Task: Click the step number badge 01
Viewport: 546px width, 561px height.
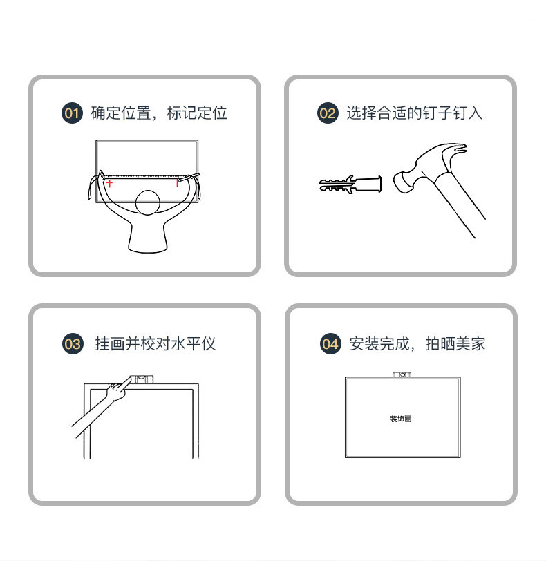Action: (x=72, y=113)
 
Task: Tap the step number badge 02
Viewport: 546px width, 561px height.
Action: (x=328, y=113)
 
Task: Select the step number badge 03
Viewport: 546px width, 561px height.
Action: (x=73, y=344)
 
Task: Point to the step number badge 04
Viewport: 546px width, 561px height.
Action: (x=330, y=344)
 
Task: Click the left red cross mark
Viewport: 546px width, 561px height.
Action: (x=109, y=183)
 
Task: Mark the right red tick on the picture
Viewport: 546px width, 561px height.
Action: (x=177, y=183)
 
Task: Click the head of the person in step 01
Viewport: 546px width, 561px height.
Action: (x=147, y=202)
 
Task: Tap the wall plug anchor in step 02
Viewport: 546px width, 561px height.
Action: (x=350, y=184)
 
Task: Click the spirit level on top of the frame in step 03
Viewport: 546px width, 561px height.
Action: (x=142, y=379)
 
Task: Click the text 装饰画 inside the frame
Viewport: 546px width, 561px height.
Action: (x=401, y=419)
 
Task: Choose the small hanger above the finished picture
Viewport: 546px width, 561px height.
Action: (x=402, y=374)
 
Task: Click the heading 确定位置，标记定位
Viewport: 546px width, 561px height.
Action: (x=159, y=113)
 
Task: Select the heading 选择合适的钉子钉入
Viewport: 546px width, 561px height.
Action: (x=414, y=113)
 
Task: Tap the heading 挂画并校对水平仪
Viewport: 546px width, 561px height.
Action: (x=156, y=344)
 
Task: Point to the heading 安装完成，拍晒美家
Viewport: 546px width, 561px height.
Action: (x=417, y=344)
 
